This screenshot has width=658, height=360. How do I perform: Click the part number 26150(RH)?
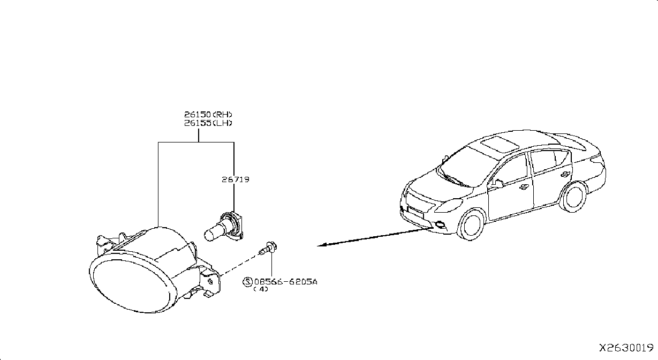pos(208,114)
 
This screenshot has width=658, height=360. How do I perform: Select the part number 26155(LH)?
pos(208,123)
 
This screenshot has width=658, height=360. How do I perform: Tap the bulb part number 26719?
pos(235,179)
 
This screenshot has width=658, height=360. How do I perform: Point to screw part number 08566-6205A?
pos(285,282)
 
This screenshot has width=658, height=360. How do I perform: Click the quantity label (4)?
pos(261,289)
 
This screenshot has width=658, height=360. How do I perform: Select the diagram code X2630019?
pos(626,348)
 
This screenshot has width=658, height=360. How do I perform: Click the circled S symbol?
pos(247,282)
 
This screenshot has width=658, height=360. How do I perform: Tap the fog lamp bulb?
pos(224,227)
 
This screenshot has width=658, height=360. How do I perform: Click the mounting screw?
pos(268,249)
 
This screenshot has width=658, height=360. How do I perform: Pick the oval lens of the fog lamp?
pos(133,286)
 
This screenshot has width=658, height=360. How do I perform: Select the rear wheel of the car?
pos(573,197)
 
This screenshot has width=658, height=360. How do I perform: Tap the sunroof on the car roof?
pos(500,144)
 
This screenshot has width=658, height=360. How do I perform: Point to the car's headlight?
pos(449,205)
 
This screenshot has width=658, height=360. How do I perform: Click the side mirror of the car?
pos(497,184)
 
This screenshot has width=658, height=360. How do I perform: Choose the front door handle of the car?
pos(524,187)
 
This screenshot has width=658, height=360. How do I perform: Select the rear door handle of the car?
pos(564,174)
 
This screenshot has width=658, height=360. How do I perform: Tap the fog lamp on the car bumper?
pos(440,225)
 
